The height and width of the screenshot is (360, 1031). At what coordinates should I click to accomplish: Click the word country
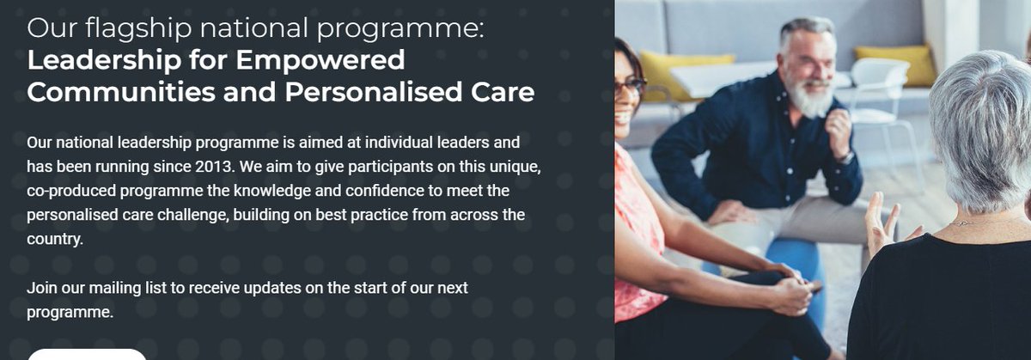[54, 239]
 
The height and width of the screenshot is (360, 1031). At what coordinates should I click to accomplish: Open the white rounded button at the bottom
[87, 354]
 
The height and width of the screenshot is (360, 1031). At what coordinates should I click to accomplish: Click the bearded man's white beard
[809, 99]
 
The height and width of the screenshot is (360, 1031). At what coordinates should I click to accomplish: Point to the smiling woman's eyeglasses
[631, 86]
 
